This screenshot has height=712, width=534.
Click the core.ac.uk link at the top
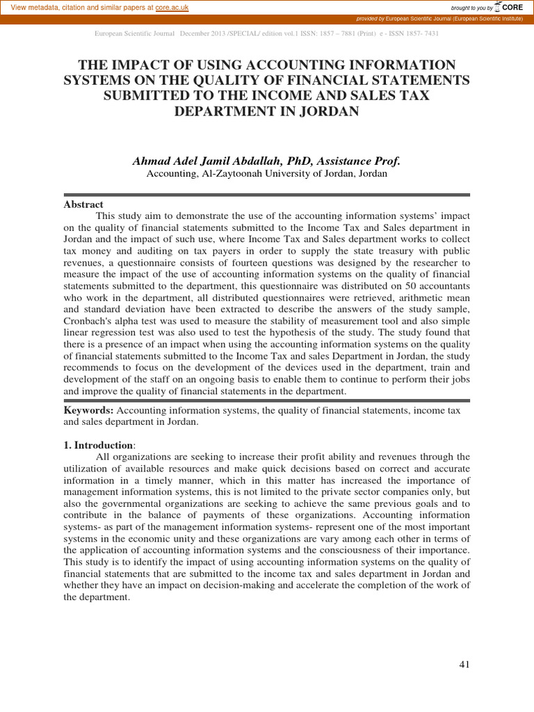pos(172,7)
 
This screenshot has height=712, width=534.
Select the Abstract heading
pos(83,204)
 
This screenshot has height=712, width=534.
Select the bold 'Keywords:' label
pos(88,411)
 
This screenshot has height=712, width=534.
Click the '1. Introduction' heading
pos(98,445)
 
